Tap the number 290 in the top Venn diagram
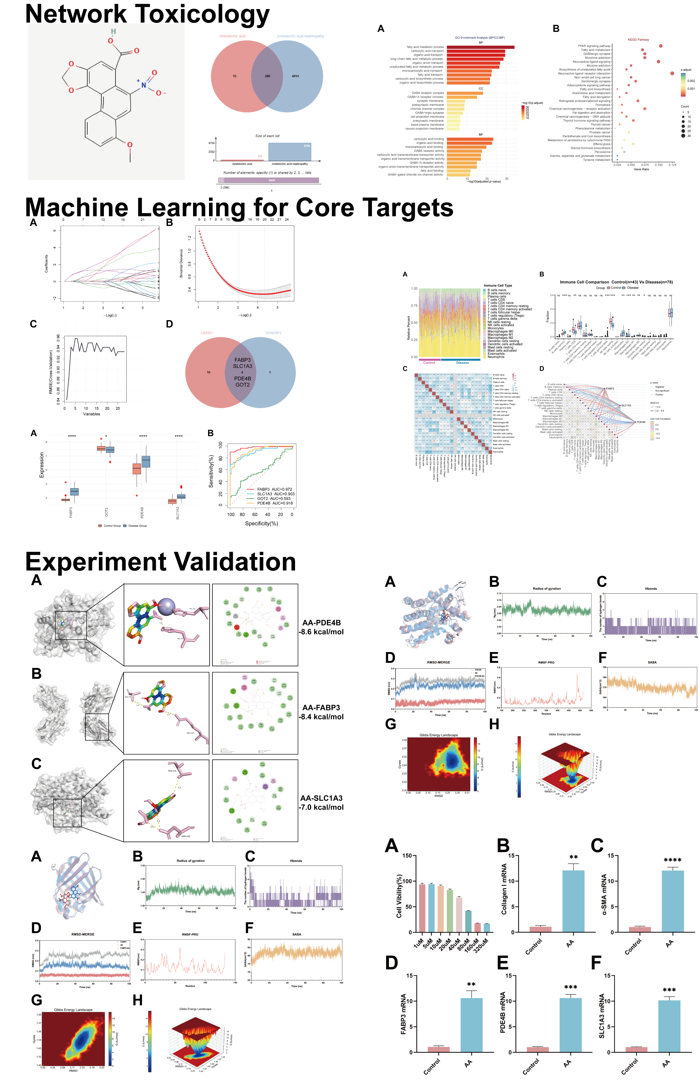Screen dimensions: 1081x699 267,76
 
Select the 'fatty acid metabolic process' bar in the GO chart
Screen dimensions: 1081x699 480,47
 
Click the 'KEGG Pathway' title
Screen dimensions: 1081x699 638,39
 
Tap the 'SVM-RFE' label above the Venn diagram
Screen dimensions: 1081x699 273,333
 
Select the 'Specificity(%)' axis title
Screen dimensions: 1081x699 262,523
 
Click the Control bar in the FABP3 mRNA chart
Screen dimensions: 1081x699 438,1049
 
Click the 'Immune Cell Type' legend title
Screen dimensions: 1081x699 497,286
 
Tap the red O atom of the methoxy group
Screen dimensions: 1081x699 130,145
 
